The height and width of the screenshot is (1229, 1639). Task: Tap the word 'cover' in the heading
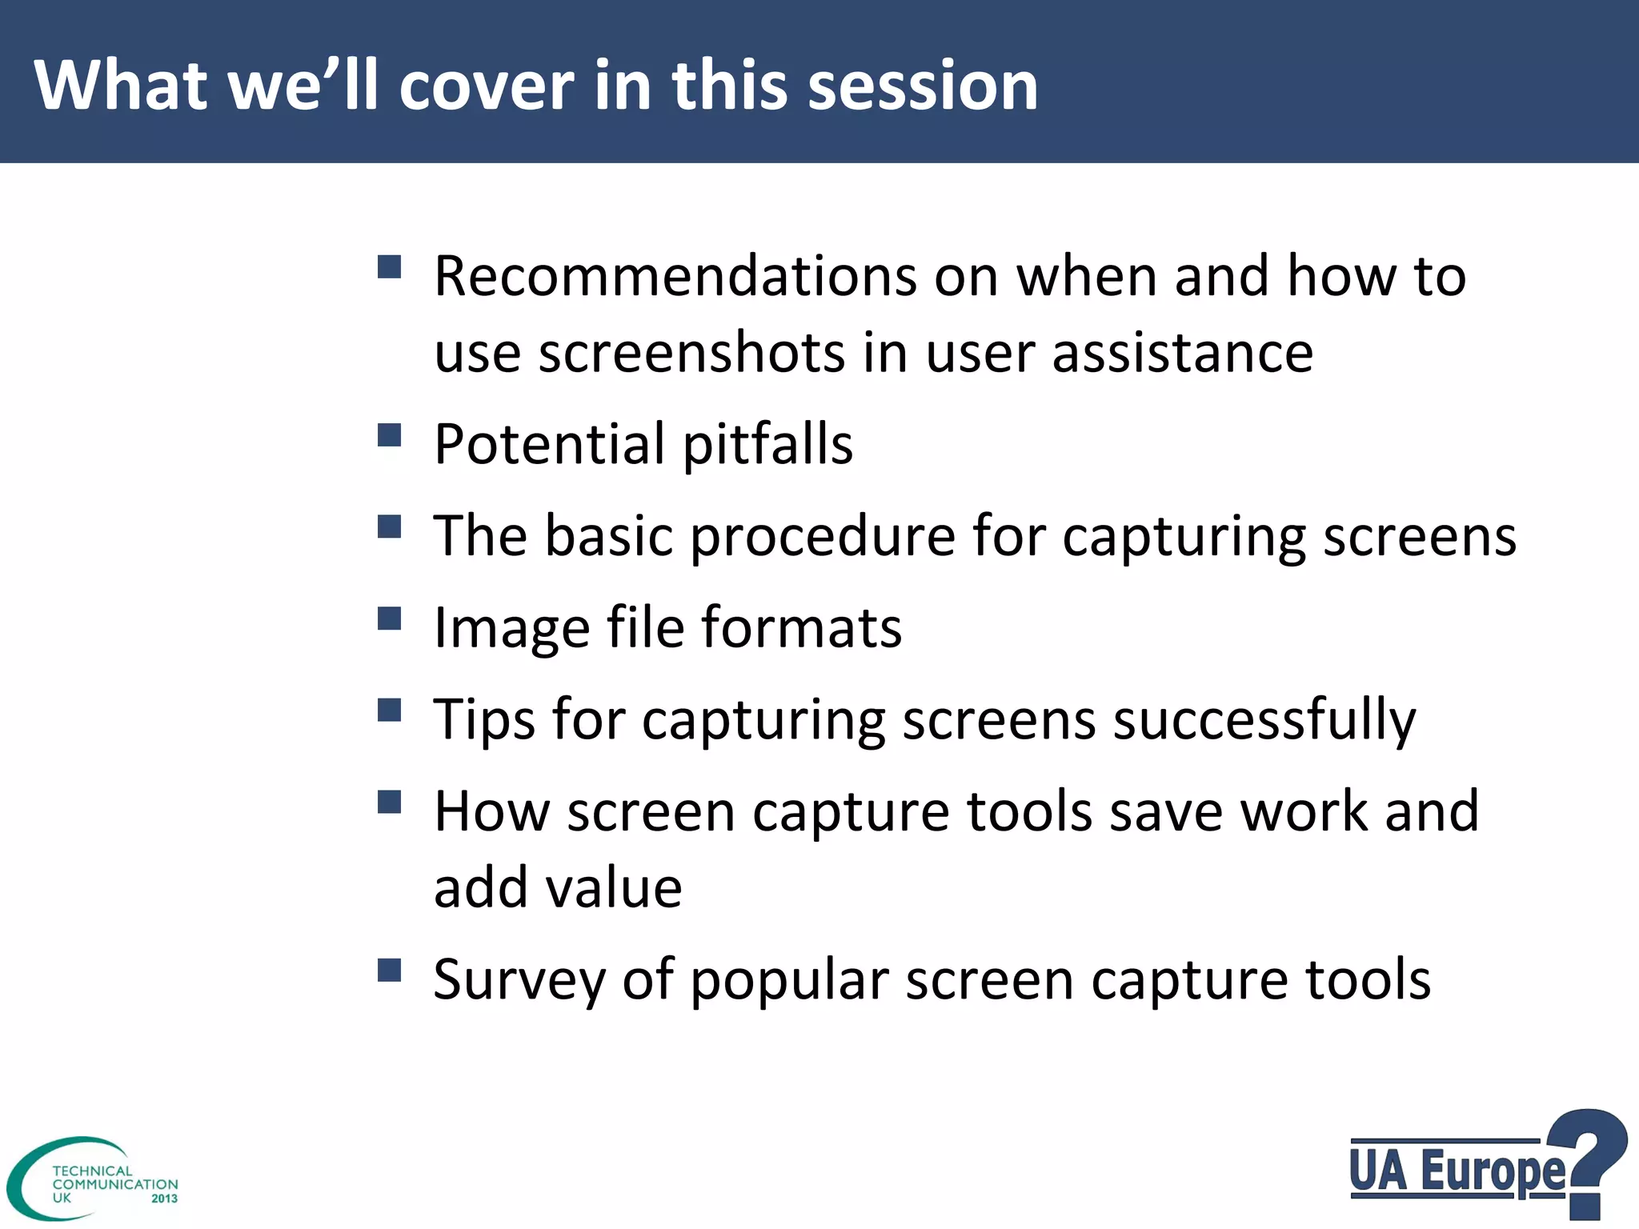point(486,86)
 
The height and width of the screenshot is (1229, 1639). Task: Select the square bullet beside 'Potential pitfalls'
point(389,436)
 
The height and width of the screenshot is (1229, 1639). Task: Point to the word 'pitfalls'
point(767,444)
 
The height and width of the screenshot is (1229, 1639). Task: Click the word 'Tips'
point(483,720)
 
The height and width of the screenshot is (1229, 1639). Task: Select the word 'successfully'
point(1264,720)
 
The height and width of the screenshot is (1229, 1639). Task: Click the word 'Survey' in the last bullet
point(519,980)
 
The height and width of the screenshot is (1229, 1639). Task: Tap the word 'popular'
point(789,980)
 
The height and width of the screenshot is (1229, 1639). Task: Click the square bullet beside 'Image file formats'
point(389,619)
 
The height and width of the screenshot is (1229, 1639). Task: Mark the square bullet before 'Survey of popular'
point(389,971)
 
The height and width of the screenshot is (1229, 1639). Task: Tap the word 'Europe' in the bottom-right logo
point(1493,1171)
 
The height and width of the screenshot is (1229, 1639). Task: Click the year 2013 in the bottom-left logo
point(164,1199)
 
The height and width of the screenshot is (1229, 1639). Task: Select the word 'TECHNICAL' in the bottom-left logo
point(92,1171)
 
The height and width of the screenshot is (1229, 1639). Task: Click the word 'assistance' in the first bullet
point(1182,353)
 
